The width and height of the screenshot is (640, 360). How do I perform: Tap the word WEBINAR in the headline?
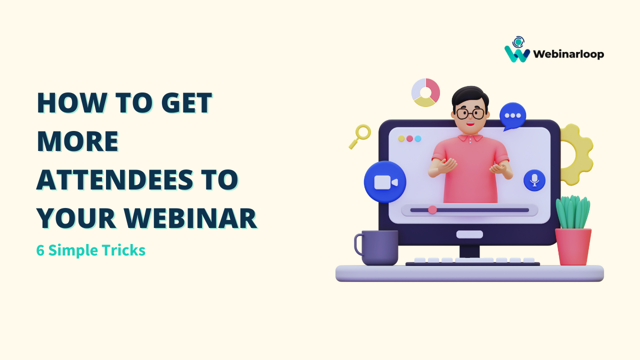(190, 219)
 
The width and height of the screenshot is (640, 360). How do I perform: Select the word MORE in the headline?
(77, 141)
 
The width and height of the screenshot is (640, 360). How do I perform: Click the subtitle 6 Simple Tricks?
(91, 250)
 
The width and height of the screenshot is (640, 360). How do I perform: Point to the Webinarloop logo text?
(568, 54)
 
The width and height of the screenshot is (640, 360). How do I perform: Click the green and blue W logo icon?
(517, 50)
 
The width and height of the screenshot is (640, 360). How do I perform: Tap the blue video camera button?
(385, 182)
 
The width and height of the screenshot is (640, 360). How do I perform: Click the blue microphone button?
(534, 180)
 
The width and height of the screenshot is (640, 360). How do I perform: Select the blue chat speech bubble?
(512, 115)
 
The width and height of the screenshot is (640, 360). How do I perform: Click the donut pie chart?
(425, 92)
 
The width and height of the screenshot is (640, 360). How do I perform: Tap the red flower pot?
(573, 246)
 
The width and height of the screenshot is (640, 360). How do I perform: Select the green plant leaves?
(573, 212)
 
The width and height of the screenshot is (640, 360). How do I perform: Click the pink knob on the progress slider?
(432, 210)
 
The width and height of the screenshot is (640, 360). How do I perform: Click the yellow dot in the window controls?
(401, 138)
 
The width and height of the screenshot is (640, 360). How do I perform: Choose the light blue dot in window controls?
(418, 138)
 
